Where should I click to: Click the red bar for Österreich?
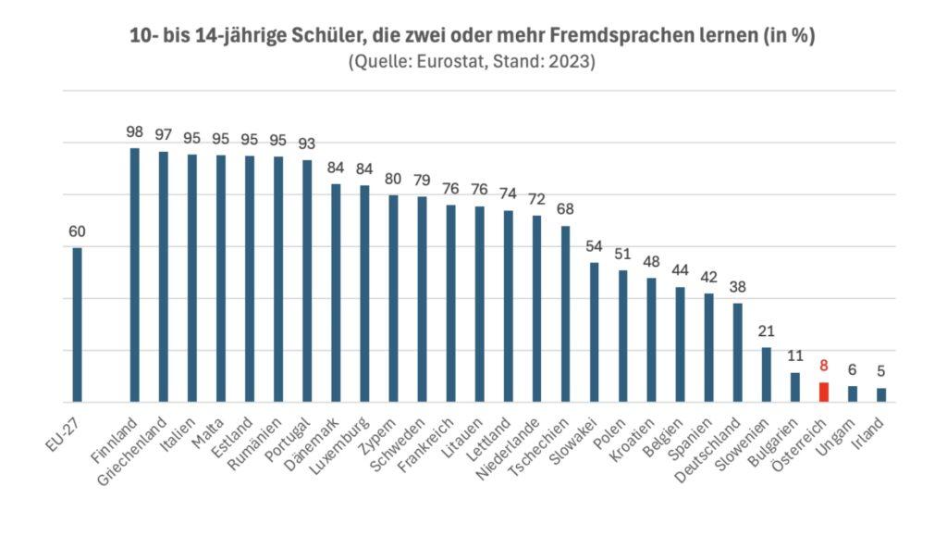[x=824, y=393]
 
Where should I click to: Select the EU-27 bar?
[x=78, y=324]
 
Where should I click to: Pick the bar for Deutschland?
[x=738, y=353]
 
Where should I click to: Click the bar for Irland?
[x=881, y=395]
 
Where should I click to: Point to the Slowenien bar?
[x=767, y=375]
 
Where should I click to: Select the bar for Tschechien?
[x=565, y=314]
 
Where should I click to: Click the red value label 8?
[x=824, y=366]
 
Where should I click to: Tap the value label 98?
[x=135, y=132]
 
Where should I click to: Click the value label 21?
[x=767, y=331]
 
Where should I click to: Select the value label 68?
[x=565, y=209]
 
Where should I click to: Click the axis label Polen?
[x=611, y=431]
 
